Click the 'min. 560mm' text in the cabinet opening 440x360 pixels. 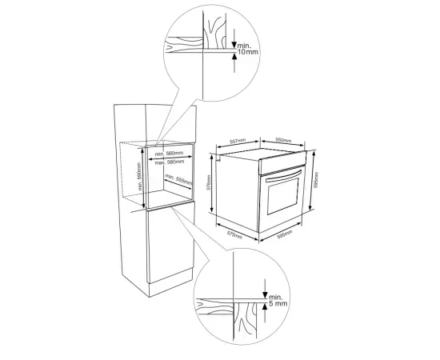(x=170, y=153)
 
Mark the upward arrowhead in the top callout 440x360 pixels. (x=234, y=57)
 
